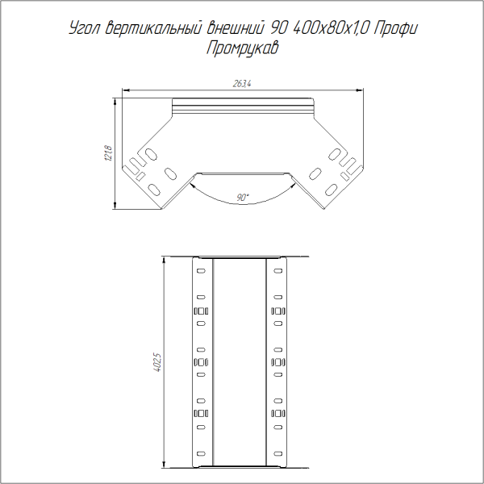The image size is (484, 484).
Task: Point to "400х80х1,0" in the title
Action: point(332,30)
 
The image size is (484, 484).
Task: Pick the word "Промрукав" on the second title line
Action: point(242,48)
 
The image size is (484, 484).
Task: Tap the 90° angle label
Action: point(243,197)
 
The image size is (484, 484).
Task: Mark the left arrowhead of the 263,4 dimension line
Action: point(124,90)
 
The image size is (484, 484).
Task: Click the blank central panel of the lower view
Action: point(240,363)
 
